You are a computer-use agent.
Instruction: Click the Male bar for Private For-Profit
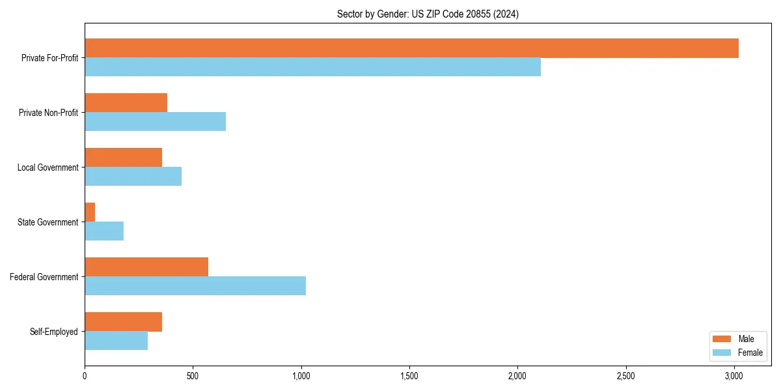[411, 48]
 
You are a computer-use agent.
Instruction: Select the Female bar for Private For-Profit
[312, 67]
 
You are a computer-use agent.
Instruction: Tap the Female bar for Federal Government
[195, 286]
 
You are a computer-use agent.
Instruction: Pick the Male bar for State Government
[90, 212]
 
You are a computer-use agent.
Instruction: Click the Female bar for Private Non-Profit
[155, 122]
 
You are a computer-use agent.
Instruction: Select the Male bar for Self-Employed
[123, 322]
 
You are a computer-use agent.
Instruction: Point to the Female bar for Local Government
[133, 177]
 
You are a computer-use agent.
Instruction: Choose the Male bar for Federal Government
[146, 267]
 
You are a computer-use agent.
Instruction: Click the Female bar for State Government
[104, 231]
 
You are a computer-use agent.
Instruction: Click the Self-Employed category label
[54, 332]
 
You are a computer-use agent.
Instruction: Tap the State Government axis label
[48, 222]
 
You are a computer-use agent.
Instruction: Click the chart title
[428, 14]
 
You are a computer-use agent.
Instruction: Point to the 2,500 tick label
[626, 376]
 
